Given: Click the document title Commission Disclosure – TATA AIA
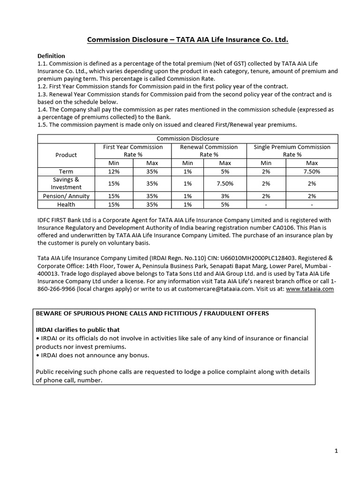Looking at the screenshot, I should (x=187, y=40).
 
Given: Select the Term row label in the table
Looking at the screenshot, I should (x=66, y=172).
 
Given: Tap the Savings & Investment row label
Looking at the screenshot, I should (x=66, y=183).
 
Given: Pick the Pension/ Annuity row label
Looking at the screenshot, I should (x=66, y=196).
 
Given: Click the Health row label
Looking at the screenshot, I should (x=66, y=204).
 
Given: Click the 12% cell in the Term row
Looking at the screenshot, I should (x=114, y=172).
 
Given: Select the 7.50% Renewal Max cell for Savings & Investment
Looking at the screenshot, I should (x=225, y=183).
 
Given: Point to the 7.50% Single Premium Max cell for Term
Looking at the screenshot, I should (x=312, y=172).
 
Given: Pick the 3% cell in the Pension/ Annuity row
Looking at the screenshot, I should (x=225, y=196).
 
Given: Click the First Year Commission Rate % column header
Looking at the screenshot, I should (x=133, y=150).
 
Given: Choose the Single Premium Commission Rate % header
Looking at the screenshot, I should (x=292, y=150).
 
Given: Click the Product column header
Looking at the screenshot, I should (x=66, y=155).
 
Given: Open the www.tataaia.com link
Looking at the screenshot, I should (x=310, y=289).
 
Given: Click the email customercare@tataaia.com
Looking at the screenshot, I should (x=216, y=289).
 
